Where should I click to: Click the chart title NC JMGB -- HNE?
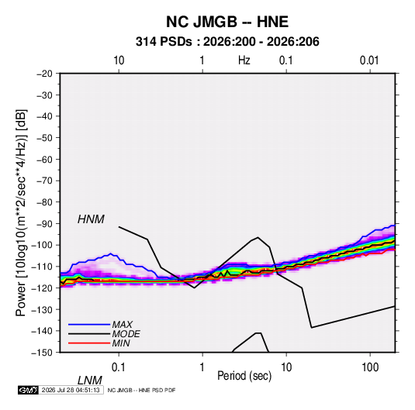(x=227, y=22)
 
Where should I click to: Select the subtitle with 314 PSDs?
(x=227, y=42)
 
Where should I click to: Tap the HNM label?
(x=91, y=219)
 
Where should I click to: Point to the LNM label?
(x=90, y=381)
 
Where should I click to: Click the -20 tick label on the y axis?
(x=44, y=74)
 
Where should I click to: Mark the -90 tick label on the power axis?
(x=44, y=223)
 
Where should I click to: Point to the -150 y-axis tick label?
(x=42, y=353)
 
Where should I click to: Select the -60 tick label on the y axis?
(x=44, y=159)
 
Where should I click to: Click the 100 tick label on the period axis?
(x=370, y=367)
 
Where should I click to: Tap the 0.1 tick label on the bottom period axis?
(x=118, y=367)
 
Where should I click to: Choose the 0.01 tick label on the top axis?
(x=369, y=60)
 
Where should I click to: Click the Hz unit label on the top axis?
(x=244, y=60)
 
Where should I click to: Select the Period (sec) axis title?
(x=244, y=376)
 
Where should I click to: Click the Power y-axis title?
(x=21, y=212)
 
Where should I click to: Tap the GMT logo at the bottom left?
(x=28, y=390)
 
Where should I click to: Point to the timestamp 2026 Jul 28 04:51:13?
(x=71, y=390)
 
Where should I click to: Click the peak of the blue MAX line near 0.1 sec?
(x=111, y=253)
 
